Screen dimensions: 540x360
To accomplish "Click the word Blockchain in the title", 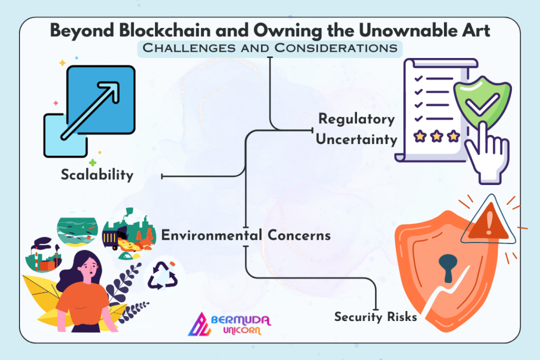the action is (x=165, y=31).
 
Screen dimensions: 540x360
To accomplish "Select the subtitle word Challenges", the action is (x=189, y=48).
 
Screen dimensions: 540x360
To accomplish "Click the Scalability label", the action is (x=97, y=175).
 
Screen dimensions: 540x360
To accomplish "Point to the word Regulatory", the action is (x=356, y=119).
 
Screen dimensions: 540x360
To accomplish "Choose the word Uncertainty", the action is (x=356, y=139).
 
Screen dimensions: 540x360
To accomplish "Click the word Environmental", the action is (x=211, y=236).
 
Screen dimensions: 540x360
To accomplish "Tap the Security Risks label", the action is (x=375, y=317).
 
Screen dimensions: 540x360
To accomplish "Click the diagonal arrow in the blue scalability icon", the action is (x=90, y=111).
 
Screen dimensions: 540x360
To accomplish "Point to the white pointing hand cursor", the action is (x=487, y=153).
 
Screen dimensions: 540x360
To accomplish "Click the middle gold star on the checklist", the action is (x=437, y=137).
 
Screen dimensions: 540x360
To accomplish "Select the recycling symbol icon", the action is (x=162, y=275).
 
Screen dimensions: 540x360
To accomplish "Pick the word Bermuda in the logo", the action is (x=240, y=320).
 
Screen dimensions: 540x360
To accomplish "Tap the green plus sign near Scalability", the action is (x=93, y=162).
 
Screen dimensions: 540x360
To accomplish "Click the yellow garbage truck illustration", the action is (x=114, y=238).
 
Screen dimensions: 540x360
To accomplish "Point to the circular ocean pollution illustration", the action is (x=78, y=231).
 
